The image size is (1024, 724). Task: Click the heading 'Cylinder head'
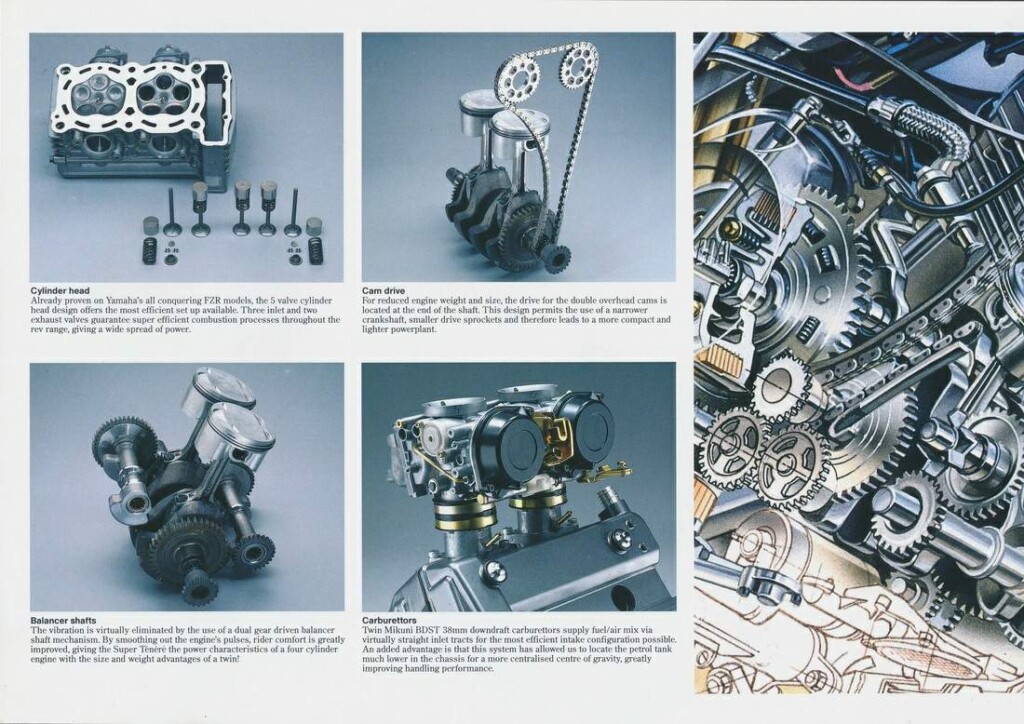pos(60,291)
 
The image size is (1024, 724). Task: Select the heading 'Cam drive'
pos(383,291)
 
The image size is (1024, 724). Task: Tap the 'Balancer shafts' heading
pos(63,620)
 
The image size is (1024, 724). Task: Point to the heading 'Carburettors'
pos(389,620)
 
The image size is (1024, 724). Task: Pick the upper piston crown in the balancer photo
pos(218,390)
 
